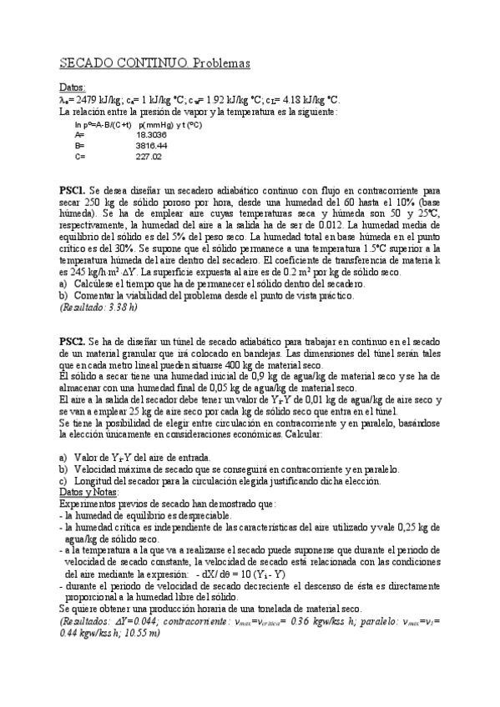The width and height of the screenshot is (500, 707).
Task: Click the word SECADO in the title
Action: tap(88, 63)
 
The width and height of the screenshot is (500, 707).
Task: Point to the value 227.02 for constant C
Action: tap(149, 156)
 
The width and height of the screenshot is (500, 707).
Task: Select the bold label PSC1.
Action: tap(72, 190)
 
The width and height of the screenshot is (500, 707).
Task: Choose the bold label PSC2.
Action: tap(72, 342)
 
